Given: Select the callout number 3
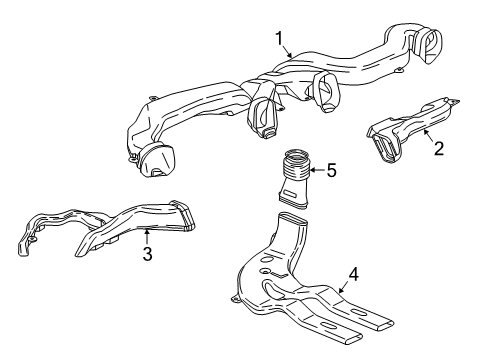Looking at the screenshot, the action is click(x=146, y=255).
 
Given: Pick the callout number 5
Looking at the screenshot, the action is click(x=331, y=170).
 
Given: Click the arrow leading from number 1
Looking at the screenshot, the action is click(x=287, y=53).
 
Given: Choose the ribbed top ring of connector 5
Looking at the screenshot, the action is click(x=296, y=158).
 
